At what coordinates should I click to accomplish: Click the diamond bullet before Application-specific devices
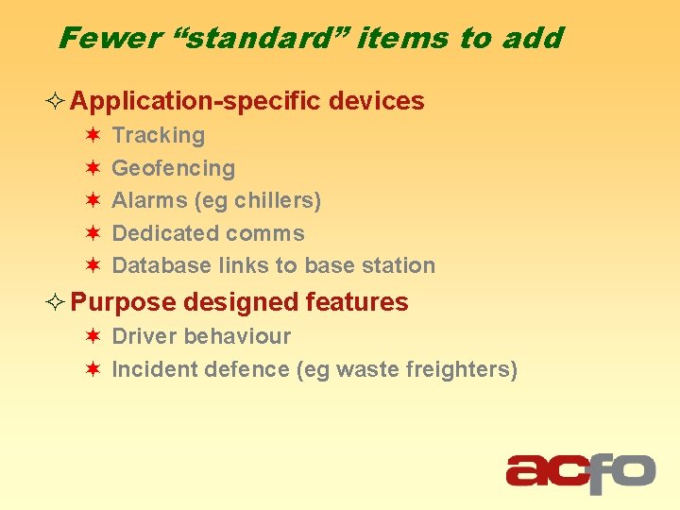click(56, 102)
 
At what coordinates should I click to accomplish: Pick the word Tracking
click(158, 136)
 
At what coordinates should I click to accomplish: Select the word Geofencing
click(173, 169)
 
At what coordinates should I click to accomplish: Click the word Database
click(158, 266)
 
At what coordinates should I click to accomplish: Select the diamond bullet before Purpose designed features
click(56, 303)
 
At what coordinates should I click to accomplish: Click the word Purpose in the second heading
click(124, 303)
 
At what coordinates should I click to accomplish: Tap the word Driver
click(144, 336)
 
